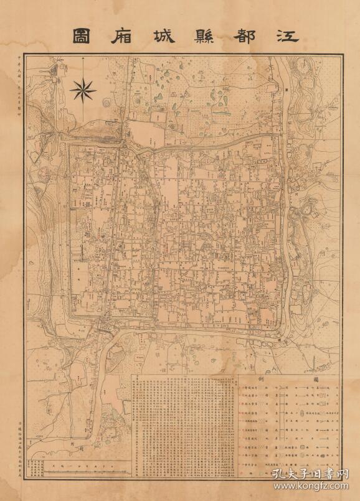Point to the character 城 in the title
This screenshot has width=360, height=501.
(x=158, y=35)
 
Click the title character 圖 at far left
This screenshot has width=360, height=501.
(x=78, y=35)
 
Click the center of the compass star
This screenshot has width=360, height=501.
(x=83, y=90)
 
